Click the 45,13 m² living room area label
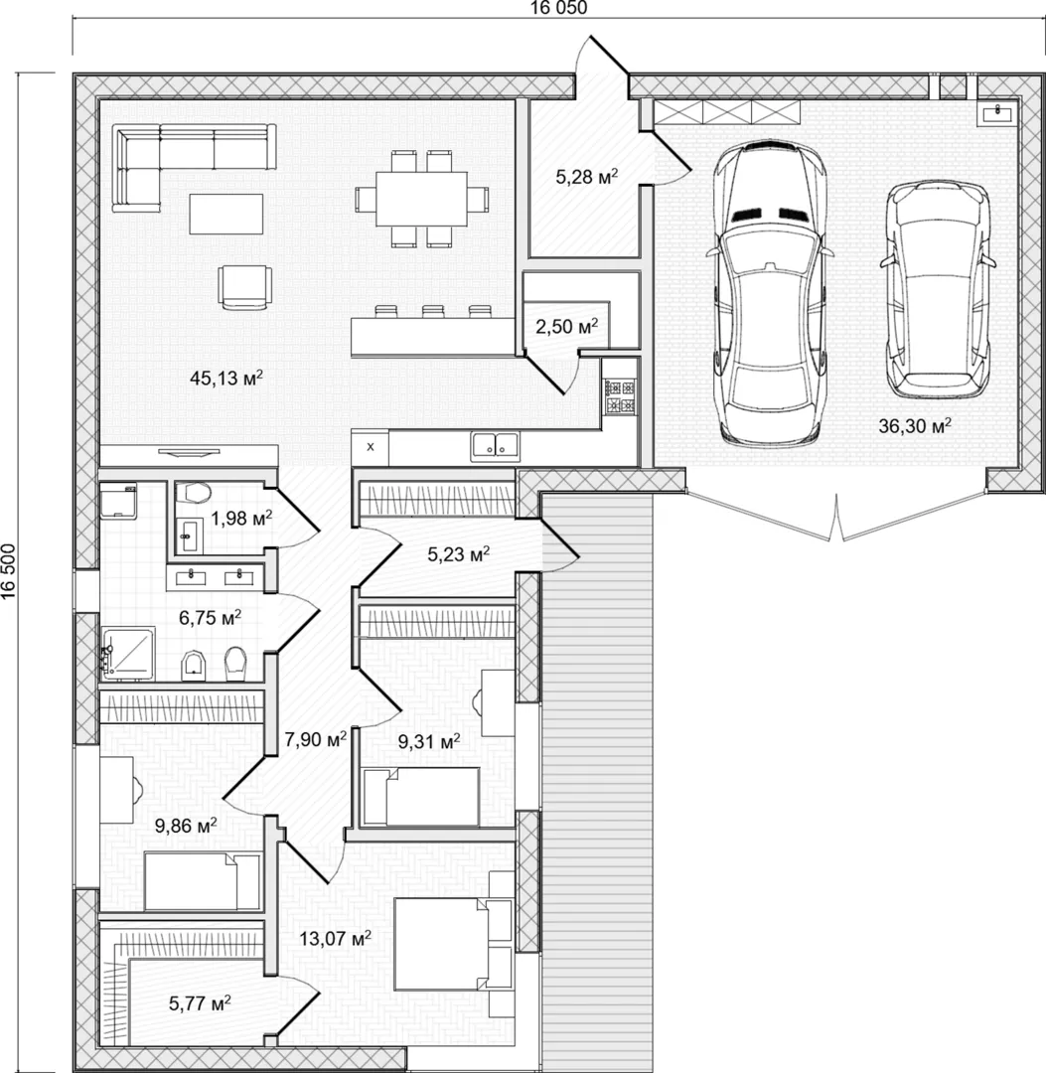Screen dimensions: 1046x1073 click(226, 378)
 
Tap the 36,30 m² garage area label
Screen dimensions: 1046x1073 click(915, 425)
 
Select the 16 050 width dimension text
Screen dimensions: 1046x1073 click(559, 8)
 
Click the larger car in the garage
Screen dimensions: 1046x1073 click(770, 292)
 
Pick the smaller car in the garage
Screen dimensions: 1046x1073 click(938, 289)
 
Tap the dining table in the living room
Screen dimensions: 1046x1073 click(421, 199)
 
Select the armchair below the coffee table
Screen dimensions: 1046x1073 click(245, 287)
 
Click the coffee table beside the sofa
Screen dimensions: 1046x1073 click(226, 214)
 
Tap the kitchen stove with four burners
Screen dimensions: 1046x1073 click(620, 396)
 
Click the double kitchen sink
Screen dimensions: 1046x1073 click(496, 447)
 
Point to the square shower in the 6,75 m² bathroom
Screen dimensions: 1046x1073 click(128, 654)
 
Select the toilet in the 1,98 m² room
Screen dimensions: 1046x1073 click(193, 492)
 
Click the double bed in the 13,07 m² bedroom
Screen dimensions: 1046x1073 click(454, 944)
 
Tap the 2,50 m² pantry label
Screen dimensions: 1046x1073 click(566, 327)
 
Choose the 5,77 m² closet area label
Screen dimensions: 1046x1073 click(200, 1003)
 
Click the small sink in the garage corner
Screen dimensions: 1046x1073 click(998, 112)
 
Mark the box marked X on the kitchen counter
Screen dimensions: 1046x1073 click(371, 447)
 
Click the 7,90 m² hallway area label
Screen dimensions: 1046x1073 click(315, 739)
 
